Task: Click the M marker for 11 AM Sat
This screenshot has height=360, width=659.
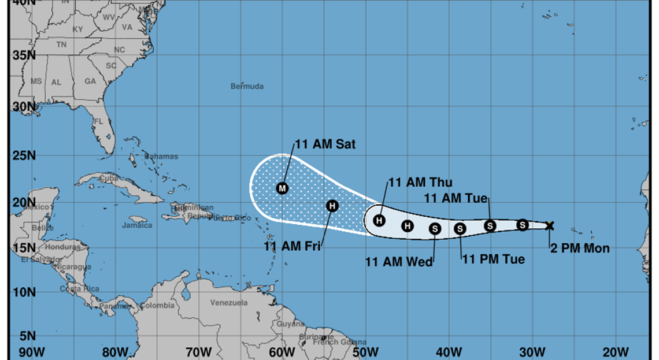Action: pos(282,188)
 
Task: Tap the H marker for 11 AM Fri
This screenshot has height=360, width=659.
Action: pos(332,206)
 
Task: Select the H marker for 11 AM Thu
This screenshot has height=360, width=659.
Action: pos(379,220)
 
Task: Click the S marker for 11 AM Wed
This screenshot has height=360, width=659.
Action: pos(435,229)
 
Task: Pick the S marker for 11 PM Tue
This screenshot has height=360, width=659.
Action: pos(460,229)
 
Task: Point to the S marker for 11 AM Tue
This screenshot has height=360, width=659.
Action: pos(490,226)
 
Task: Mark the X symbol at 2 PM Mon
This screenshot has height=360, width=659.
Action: pos(550,225)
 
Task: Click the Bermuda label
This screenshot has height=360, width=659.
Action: pos(247,87)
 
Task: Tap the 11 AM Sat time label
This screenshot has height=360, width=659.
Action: pos(325,144)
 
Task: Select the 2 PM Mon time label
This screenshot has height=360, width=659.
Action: pos(580,248)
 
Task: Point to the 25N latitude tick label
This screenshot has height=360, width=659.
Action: pos(24,155)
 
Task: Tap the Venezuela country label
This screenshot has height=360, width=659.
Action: pos(229,303)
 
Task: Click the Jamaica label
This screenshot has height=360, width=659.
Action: pos(138,225)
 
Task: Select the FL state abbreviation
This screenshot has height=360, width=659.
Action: pos(98,122)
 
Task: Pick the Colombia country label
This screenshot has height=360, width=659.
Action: pos(157,306)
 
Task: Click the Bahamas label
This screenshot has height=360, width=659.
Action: pos(161,157)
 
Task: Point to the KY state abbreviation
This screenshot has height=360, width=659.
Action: pos(78,29)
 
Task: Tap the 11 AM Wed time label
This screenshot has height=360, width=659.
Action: pos(399,262)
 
